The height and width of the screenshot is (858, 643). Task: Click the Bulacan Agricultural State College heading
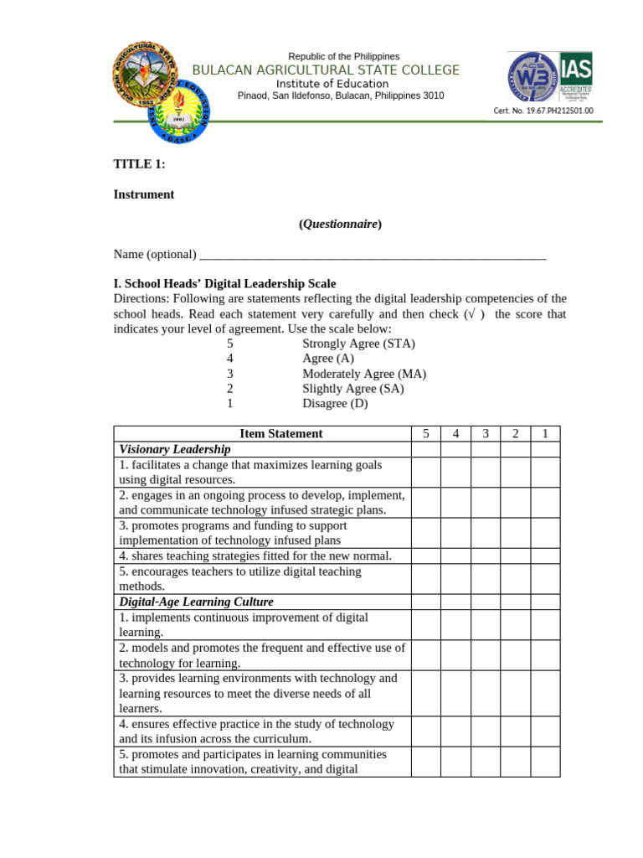click(326, 70)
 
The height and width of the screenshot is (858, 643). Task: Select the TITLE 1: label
click(139, 164)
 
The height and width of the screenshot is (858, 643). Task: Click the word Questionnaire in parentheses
click(340, 225)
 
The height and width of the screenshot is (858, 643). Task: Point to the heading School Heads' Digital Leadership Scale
click(230, 284)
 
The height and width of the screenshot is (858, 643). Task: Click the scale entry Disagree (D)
click(335, 404)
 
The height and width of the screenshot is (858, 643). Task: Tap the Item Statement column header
click(280, 434)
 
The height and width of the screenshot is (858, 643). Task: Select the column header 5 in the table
click(426, 434)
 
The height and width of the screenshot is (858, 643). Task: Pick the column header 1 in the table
click(545, 434)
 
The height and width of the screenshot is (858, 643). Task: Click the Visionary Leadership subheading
click(175, 449)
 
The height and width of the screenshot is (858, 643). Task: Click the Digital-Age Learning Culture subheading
click(196, 602)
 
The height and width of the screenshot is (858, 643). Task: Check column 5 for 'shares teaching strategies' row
click(426, 556)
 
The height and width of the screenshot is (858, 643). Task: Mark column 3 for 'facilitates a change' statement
click(486, 472)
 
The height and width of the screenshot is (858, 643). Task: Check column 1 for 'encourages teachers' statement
click(545, 578)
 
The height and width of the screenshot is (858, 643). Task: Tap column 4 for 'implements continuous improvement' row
click(455, 624)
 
